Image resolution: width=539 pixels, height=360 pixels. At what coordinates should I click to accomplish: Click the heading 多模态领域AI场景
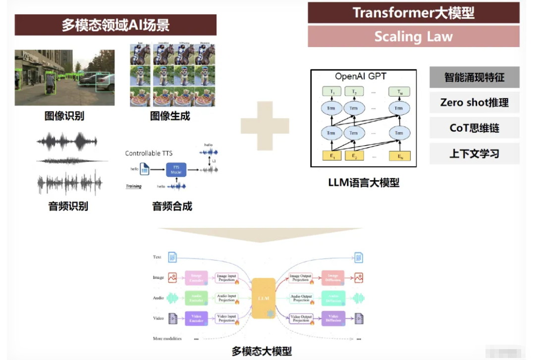click(x=115, y=25)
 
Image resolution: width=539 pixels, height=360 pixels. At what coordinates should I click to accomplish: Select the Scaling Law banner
click(x=413, y=37)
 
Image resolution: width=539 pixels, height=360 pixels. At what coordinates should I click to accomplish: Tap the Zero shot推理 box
click(x=474, y=103)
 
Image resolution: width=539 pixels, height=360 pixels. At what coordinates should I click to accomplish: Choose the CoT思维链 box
click(x=474, y=128)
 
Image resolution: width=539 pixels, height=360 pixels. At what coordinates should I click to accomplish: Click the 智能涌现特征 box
click(x=474, y=77)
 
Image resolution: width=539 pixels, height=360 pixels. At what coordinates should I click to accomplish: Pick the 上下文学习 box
click(x=474, y=154)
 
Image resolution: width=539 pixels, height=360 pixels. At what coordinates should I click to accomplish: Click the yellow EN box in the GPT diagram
click(x=399, y=156)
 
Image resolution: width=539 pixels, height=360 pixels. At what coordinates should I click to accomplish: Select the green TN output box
click(x=399, y=92)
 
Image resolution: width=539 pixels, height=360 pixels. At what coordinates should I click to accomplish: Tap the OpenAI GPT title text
click(x=360, y=76)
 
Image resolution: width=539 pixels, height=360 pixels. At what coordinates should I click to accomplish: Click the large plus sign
click(x=265, y=126)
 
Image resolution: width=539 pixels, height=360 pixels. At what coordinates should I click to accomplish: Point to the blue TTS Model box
click(x=175, y=169)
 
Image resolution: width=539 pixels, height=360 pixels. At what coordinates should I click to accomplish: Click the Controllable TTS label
click(x=149, y=153)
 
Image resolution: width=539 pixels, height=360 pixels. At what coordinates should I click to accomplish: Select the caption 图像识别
click(x=64, y=116)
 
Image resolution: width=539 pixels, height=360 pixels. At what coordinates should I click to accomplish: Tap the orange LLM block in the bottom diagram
click(x=263, y=298)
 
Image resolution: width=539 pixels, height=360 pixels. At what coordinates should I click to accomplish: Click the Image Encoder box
click(x=196, y=278)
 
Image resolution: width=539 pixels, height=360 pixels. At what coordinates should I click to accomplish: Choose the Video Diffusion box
click(x=332, y=318)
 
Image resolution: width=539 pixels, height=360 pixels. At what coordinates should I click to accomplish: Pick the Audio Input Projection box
click(x=227, y=298)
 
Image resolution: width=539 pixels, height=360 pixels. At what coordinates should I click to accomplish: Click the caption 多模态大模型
click(x=262, y=351)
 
